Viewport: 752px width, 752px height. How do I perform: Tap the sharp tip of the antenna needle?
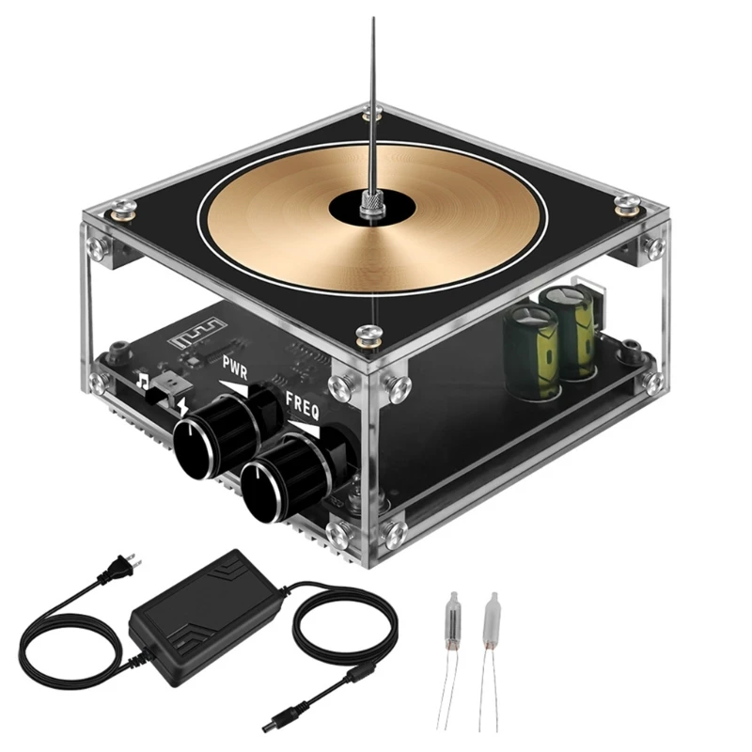[373, 19]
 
